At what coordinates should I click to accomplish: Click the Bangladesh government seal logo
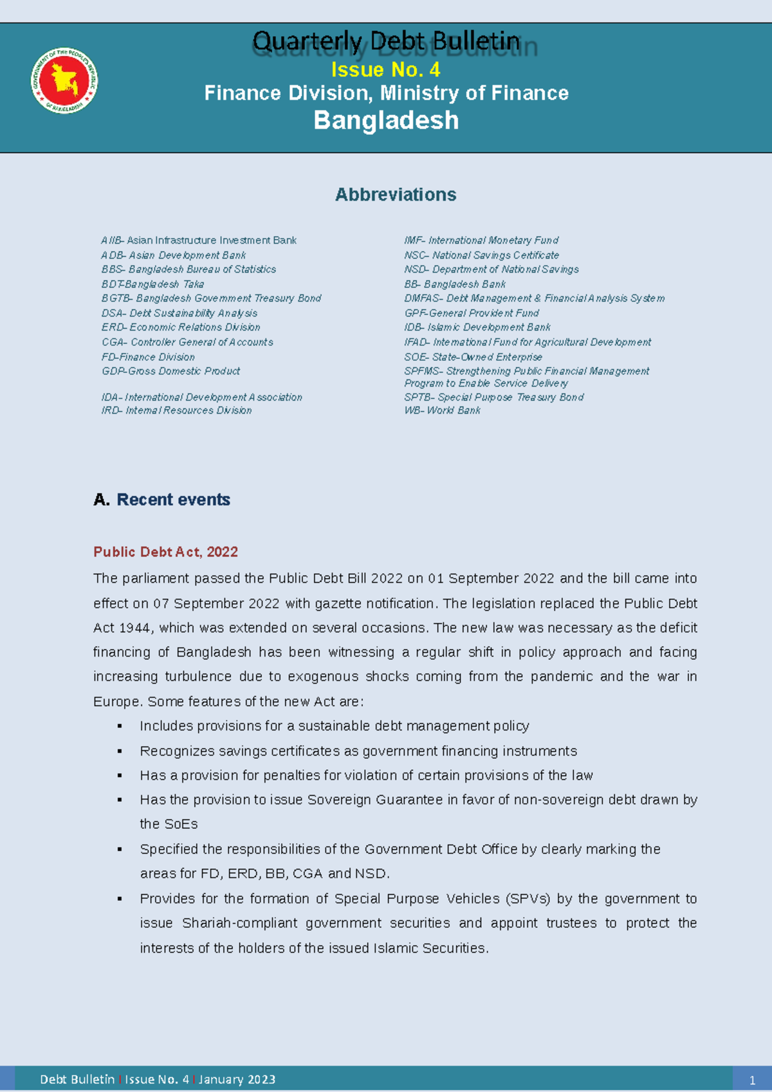coord(64,81)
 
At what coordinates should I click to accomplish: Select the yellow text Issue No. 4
coord(385,69)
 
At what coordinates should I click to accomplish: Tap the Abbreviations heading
coord(395,194)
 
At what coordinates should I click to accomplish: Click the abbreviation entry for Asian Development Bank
coord(173,255)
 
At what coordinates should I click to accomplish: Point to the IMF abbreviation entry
coord(481,241)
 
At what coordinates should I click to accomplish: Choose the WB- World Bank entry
coord(442,410)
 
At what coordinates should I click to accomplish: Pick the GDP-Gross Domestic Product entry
coord(170,371)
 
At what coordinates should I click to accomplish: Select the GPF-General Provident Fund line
coord(471,313)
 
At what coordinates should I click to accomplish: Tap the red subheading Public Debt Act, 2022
coord(165,552)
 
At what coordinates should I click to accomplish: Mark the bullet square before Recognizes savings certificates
coord(120,751)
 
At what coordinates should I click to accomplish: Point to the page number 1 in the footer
coord(752,1080)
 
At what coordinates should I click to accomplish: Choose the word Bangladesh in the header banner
coord(386,120)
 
